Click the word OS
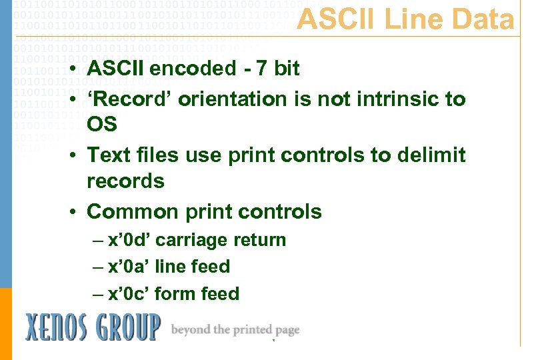click(102, 125)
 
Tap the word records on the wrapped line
click(125, 181)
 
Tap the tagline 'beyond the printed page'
click(235, 330)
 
